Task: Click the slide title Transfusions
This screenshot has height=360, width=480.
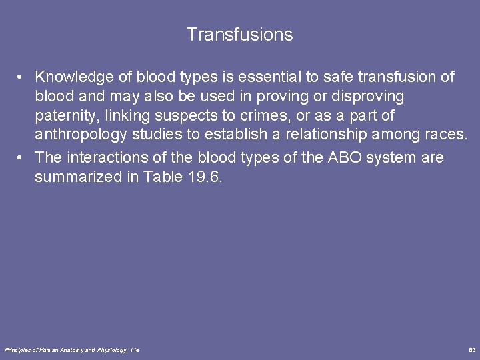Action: pyautogui.click(x=239, y=35)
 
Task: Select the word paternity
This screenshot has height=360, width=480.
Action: pyautogui.click(x=65, y=116)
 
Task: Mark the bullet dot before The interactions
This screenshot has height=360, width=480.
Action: pyautogui.click(x=23, y=159)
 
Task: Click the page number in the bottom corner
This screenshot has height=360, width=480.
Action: pyautogui.click(x=472, y=350)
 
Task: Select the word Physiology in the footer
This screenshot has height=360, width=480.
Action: pyautogui.click(x=112, y=350)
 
